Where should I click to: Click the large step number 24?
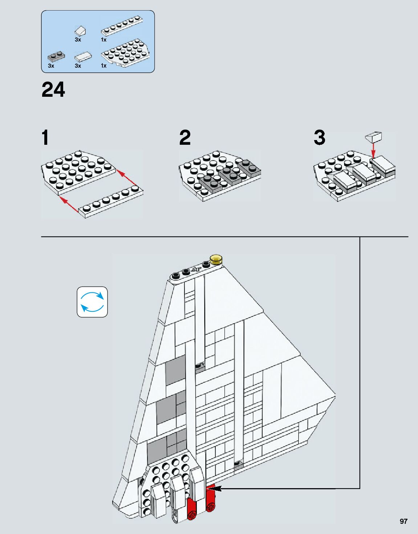(53, 90)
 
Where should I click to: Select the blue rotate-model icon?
(92, 302)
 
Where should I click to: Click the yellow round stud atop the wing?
(216, 259)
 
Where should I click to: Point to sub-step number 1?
(45, 138)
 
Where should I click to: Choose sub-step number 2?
(185, 138)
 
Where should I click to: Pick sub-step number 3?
(319, 138)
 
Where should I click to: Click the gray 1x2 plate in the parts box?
(56, 57)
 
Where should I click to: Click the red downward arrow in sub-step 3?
(373, 151)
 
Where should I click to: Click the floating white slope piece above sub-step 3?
(373, 138)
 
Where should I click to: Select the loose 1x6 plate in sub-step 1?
(111, 202)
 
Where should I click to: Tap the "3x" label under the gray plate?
(51, 65)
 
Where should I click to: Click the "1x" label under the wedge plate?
(104, 65)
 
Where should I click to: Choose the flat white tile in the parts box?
(83, 57)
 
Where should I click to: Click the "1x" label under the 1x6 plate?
(104, 40)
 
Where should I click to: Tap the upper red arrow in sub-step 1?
(127, 178)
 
